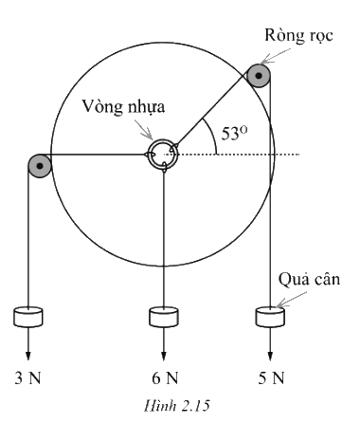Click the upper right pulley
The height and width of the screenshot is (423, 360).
pos(259,76)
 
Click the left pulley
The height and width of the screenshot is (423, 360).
pos(40,166)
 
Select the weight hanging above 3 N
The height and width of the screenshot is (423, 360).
pos(28,317)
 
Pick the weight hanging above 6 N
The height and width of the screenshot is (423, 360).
pos(164,317)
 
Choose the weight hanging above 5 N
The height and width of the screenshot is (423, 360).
pos(270,317)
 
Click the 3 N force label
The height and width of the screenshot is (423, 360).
pos(28,377)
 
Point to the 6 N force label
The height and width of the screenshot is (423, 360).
pos(165,377)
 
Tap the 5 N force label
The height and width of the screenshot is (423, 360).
pos(271,377)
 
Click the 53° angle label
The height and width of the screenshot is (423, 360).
pos(234,133)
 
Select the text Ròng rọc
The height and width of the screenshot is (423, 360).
pos(298,35)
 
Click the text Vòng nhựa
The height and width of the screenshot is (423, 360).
pos(123,107)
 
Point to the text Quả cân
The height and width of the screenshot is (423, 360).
pos(309,280)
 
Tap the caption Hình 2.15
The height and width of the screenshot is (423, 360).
pos(177,406)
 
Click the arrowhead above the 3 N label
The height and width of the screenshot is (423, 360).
pos(28,356)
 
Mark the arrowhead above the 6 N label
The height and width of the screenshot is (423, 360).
pos(164,356)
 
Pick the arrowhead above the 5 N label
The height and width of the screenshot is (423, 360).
pos(270,356)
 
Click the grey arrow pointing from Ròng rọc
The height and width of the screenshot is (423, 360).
pos(276,56)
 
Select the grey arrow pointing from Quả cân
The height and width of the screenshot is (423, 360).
pos(291,300)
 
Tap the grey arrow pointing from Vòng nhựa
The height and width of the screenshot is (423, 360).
pos(144,129)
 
